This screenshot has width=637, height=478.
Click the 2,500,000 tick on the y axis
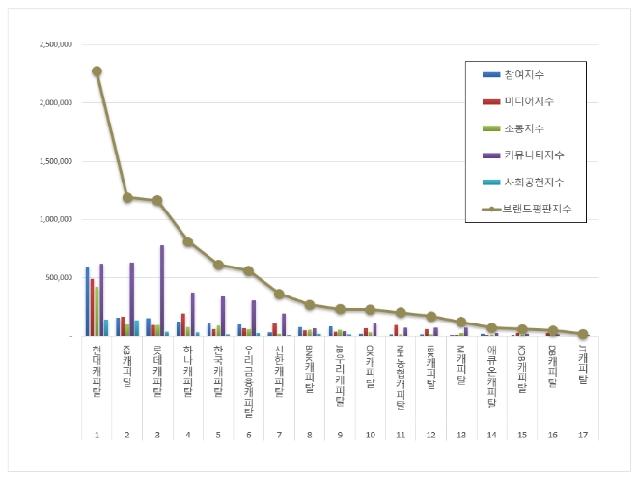(x=56, y=45)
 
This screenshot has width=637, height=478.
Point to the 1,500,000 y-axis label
(x=56, y=161)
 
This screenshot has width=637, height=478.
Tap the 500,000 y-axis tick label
(x=60, y=277)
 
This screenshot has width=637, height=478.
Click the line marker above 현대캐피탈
(x=97, y=70)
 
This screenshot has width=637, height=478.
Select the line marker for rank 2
(x=127, y=197)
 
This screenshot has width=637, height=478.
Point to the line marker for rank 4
(x=188, y=241)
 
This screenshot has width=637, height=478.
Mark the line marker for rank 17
(x=583, y=334)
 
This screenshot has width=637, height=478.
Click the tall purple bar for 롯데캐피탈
(x=161, y=291)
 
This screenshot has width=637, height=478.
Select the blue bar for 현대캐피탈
(x=87, y=301)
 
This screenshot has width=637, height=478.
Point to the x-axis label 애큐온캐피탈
(x=492, y=377)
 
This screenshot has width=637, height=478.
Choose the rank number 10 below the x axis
(x=370, y=436)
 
